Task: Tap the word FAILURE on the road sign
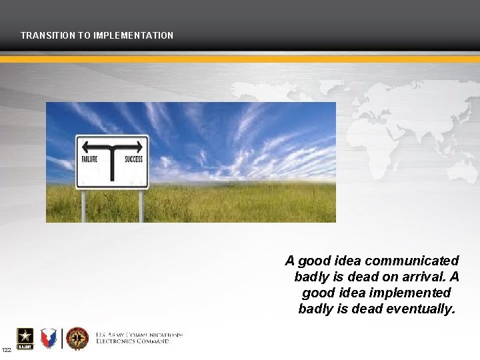point(90,160)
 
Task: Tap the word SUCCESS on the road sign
point(133,160)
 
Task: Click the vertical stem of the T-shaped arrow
point(113,163)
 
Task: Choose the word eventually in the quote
point(421,309)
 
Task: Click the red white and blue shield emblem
point(49,338)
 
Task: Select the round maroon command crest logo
point(77,338)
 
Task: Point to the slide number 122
point(6,350)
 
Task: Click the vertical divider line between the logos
point(62,338)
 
